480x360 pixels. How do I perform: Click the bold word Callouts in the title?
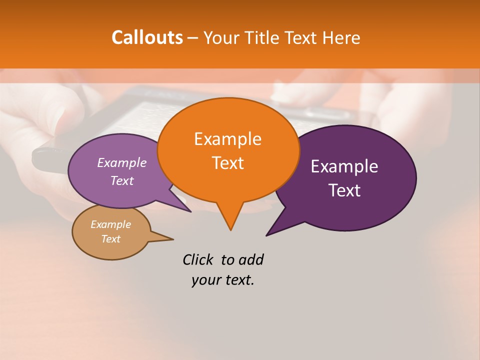click(x=147, y=37)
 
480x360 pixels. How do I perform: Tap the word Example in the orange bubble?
click(x=227, y=139)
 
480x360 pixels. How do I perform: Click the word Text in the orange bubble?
click(x=227, y=163)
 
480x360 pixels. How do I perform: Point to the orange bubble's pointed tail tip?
click(x=230, y=230)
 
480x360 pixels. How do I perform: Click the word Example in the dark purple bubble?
click(x=344, y=166)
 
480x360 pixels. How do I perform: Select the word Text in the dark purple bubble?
click(x=345, y=190)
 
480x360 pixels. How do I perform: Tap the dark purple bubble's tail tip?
click(x=266, y=235)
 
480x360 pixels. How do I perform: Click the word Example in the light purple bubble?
click(x=122, y=162)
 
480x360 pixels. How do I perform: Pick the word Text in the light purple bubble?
click(x=122, y=180)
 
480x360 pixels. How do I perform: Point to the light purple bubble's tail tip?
click(x=190, y=211)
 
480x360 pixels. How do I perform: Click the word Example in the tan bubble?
click(x=110, y=224)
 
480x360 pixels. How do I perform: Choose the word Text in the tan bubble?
click(x=110, y=239)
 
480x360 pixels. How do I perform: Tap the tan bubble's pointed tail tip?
click(x=173, y=239)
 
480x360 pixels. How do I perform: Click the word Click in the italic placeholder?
click(x=198, y=259)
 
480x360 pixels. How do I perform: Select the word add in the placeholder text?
click(x=250, y=259)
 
